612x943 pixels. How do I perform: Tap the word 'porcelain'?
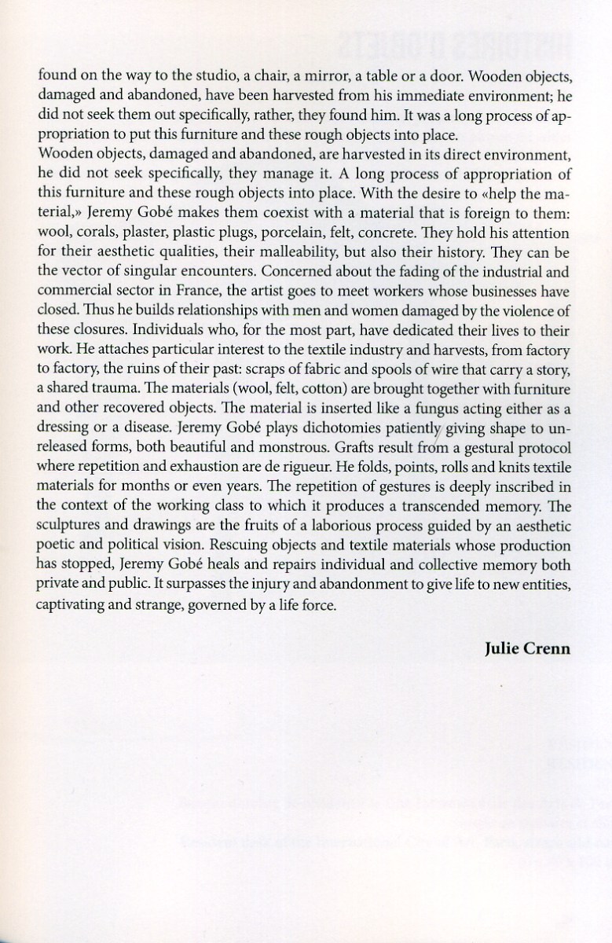click(x=326, y=234)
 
